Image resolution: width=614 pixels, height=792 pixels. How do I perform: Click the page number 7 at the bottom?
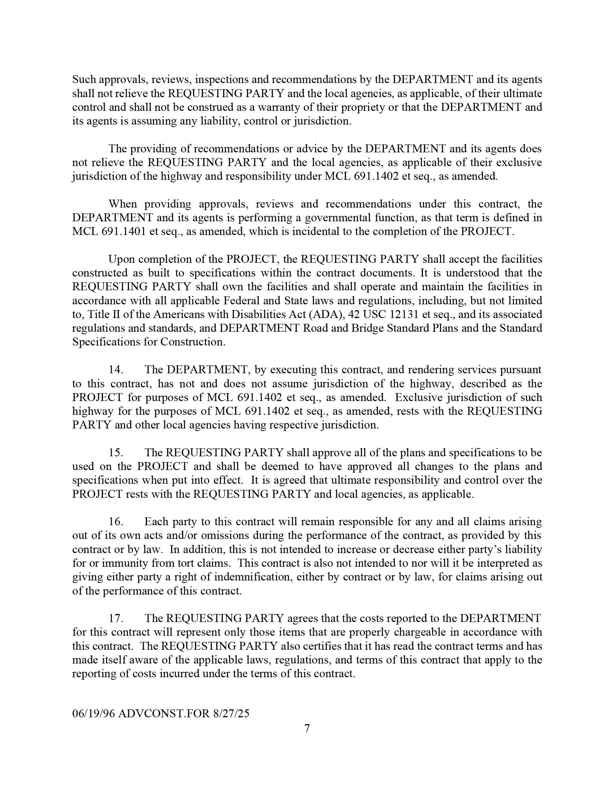click(x=307, y=728)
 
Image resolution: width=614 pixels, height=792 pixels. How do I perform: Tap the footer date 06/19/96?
click(x=94, y=713)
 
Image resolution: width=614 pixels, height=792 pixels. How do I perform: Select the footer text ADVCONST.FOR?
click(x=164, y=713)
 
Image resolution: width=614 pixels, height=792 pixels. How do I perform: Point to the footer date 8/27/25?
click(x=232, y=713)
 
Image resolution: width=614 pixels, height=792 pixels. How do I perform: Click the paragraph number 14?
click(x=116, y=370)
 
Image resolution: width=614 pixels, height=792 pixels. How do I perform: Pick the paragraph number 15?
click(x=116, y=453)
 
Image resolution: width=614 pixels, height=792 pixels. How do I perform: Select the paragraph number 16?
click(x=116, y=522)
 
